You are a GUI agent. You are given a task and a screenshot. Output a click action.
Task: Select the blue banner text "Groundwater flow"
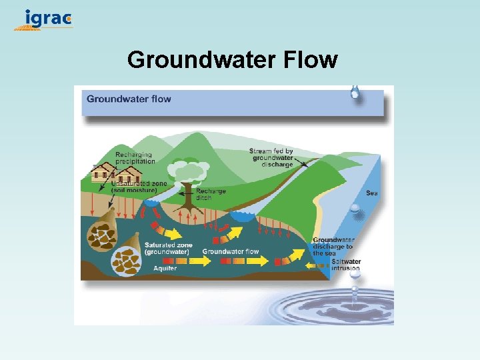pyautogui.click(x=129, y=99)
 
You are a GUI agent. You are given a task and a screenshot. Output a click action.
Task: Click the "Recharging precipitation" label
pyautogui.click(x=135, y=157)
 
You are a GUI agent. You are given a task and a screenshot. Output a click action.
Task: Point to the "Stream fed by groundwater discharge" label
pyautogui.click(x=271, y=157)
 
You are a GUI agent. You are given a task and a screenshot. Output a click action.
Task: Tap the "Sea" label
pyautogui.click(x=372, y=193)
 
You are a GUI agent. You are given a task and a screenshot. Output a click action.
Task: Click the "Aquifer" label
pyautogui.click(x=165, y=268)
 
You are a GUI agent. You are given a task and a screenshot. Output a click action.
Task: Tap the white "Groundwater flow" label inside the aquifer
pyautogui.click(x=231, y=251)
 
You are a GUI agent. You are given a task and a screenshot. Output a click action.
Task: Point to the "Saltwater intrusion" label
pyautogui.click(x=346, y=265)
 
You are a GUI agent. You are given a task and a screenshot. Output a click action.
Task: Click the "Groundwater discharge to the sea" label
pyautogui.click(x=333, y=247)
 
